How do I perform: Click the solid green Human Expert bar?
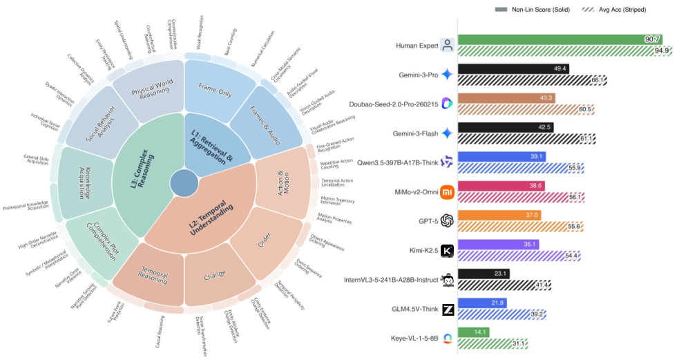point(553,39)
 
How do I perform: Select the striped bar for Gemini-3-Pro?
point(532,80)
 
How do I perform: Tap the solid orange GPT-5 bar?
point(499,216)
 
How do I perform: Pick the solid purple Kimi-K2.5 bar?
point(497,245)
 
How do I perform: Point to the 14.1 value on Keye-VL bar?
point(478,332)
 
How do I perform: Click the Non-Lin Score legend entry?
point(531,10)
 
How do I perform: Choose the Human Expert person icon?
point(447,45)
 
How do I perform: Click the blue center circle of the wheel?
point(183,184)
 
